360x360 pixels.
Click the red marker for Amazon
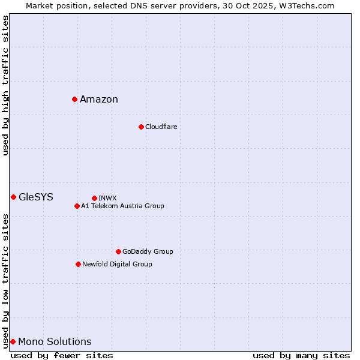click(x=74, y=99)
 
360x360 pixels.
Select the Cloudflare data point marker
click(x=141, y=127)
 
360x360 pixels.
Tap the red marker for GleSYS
click(x=13, y=197)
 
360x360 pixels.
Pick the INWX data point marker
click(x=94, y=198)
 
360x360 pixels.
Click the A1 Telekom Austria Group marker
click(x=77, y=206)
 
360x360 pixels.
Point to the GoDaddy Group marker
click(x=118, y=251)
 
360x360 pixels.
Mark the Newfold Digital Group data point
click(x=78, y=264)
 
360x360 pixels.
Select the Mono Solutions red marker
click(x=13, y=341)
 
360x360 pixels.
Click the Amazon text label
click(x=99, y=100)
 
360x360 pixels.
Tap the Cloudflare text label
click(x=161, y=127)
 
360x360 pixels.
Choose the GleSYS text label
click(x=36, y=197)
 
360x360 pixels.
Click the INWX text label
click(x=107, y=198)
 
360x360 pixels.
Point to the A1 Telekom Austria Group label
click(x=122, y=206)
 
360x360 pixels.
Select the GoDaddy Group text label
click(x=148, y=251)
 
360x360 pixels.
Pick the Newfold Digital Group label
click(x=117, y=264)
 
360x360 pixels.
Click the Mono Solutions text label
click(x=55, y=342)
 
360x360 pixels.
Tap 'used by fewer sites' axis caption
click(x=62, y=355)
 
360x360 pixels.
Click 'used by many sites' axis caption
click(x=301, y=355)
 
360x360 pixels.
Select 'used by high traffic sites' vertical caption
click(x=5, y=86)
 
